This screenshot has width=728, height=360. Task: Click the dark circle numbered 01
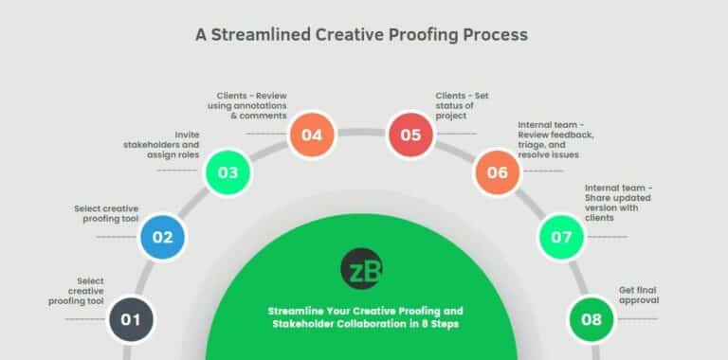point(131,319)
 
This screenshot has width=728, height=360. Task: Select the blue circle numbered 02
point(163,237)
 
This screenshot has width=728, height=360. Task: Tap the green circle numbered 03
point(227,172)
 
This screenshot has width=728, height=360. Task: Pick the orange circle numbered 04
point(312,135)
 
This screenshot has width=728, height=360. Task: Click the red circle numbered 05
point(410,135)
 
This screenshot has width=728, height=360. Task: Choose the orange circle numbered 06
point(498,172)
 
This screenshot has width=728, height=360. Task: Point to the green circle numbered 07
point(561,237)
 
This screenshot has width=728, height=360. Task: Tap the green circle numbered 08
point(591,319)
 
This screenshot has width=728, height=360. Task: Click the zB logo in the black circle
point(362,269)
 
